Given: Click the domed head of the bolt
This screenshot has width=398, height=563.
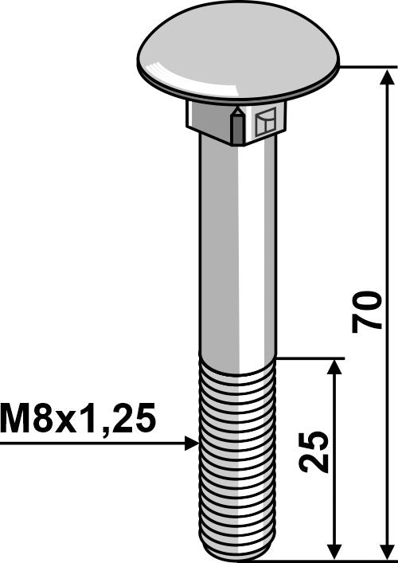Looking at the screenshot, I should (x=237, y=56).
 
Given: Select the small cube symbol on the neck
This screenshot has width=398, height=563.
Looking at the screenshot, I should (x=264, y=123).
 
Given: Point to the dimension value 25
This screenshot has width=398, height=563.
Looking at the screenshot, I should (x=315, y=452).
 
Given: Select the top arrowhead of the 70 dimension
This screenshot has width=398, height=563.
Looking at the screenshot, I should (x=388, y=76).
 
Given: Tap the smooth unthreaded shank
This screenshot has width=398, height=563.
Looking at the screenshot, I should (x=236, y=255).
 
